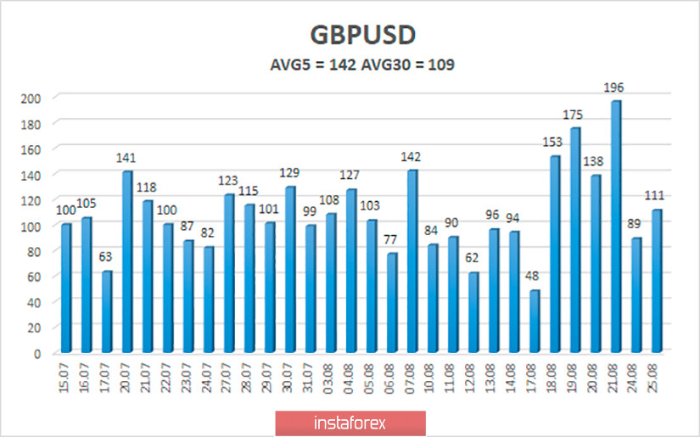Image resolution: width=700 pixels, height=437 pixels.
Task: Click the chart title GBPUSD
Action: (350, 36)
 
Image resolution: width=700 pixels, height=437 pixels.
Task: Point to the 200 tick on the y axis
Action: (31, 98)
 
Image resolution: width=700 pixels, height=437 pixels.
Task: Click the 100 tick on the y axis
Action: (31, 226)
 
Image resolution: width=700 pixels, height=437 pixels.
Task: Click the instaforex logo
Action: (350, 422)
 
